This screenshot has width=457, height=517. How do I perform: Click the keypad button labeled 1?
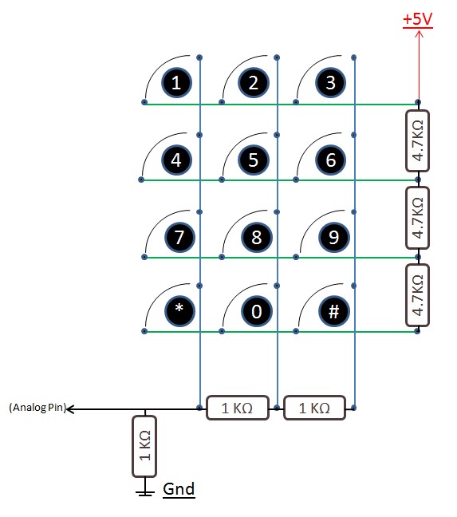point(176,82)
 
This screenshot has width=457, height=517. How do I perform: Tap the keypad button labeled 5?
point(254,160)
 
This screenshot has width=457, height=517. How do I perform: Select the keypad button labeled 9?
point(332,237)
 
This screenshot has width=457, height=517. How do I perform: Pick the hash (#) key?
point(332,312)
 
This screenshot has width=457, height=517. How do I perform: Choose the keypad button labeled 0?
point(256,312)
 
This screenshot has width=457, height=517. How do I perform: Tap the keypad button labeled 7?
point(178,237)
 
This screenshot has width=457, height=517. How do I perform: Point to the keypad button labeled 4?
point(176,160)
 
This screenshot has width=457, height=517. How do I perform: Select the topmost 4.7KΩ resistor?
point(417,140)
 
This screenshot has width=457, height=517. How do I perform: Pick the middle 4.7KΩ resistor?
point(417,217)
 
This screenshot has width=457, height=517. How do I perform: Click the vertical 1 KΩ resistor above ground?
point(144,446)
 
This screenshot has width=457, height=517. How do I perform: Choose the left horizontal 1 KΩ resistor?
point(237,408)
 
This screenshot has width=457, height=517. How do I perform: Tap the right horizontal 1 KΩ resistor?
point(314,408)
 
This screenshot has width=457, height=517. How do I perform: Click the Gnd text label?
point(179,489)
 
